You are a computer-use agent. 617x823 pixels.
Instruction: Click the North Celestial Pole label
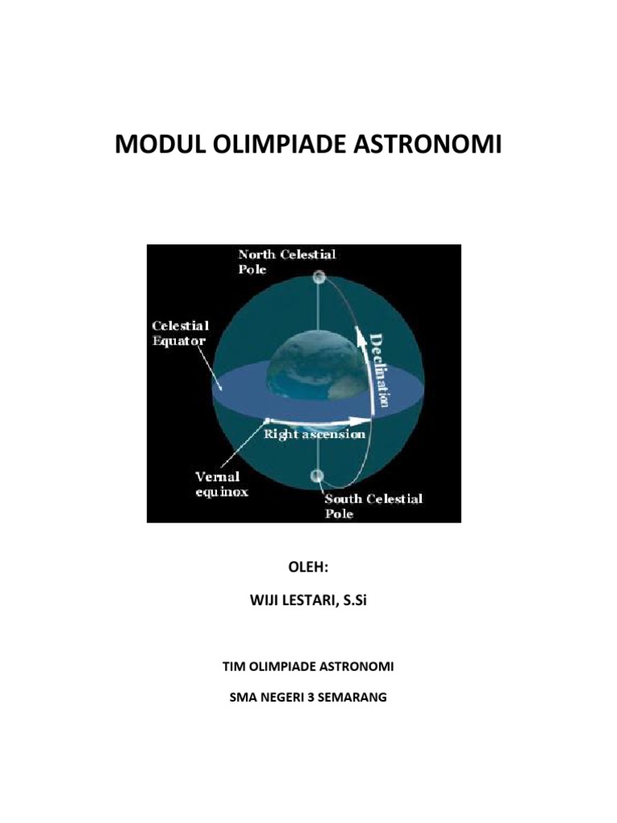coord(286,261)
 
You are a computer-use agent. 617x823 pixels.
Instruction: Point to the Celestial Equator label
coord(181,333)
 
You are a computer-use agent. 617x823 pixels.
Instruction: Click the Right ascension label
coord(315,433)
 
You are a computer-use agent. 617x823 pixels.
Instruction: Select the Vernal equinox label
coord(218,484)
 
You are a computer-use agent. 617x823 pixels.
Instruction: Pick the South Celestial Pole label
coord(373,506)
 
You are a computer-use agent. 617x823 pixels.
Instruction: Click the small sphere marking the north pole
coord(319,278)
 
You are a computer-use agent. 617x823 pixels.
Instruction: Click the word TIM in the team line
coord(231,667)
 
